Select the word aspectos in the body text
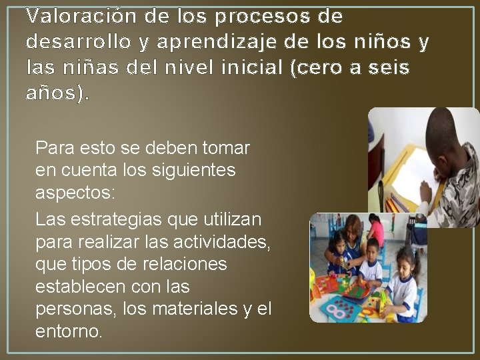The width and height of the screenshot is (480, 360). [75, 193]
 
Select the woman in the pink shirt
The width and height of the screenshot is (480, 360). [376, 230]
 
